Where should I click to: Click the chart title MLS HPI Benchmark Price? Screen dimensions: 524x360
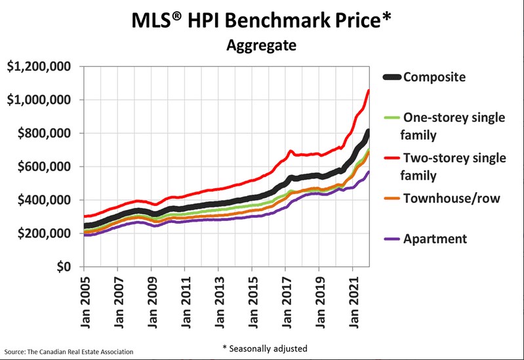[261, 21]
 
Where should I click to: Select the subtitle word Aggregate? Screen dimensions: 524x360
[261, 45]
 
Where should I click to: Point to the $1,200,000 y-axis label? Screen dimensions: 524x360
[39, 66]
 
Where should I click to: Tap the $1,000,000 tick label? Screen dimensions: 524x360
[39, 100]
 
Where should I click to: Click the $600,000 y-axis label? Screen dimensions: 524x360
[44, 167]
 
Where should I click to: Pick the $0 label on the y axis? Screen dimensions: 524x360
[64, 267]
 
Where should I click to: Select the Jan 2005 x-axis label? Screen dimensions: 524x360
[85, 302]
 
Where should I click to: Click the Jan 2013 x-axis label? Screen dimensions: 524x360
[220, 302]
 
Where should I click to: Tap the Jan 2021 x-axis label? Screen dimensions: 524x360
[354, 302]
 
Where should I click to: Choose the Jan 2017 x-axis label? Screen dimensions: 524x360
[287, 302]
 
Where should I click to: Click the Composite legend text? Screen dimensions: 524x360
[434, 77]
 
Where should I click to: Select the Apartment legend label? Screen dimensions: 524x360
[435, 239]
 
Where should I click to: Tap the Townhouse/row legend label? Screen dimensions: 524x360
[452, 199]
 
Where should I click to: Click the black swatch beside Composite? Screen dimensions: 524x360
[392, 77]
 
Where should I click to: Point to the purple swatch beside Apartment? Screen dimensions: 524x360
[392, 239]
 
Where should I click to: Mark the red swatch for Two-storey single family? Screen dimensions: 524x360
[392, 158]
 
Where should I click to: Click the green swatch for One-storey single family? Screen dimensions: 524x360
[392, 117]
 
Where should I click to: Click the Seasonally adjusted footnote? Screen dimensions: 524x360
[265, 349]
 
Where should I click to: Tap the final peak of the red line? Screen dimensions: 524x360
[369, 90]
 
